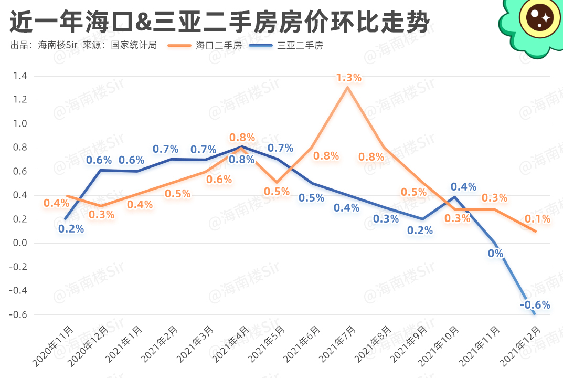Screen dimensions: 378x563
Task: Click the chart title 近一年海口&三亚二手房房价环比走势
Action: click(x=220, y=22)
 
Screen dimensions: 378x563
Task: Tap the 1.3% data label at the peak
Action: click(x=349, y=78)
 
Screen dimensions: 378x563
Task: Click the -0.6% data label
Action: click(x=535, y=305)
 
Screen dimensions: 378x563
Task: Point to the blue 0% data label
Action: click(x=495, y=254)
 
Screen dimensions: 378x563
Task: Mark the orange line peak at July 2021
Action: click(x=347, y=87)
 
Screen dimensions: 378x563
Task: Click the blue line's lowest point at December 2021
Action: click(x=535, y=314)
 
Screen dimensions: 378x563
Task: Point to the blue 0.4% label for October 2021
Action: click(x=463, y=186)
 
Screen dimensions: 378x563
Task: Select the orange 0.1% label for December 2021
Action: click(x=538, y=219)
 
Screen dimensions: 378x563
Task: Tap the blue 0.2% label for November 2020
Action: click(x=71, y=228)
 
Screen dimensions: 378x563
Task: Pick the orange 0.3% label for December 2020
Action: click(x=101, y=214)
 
